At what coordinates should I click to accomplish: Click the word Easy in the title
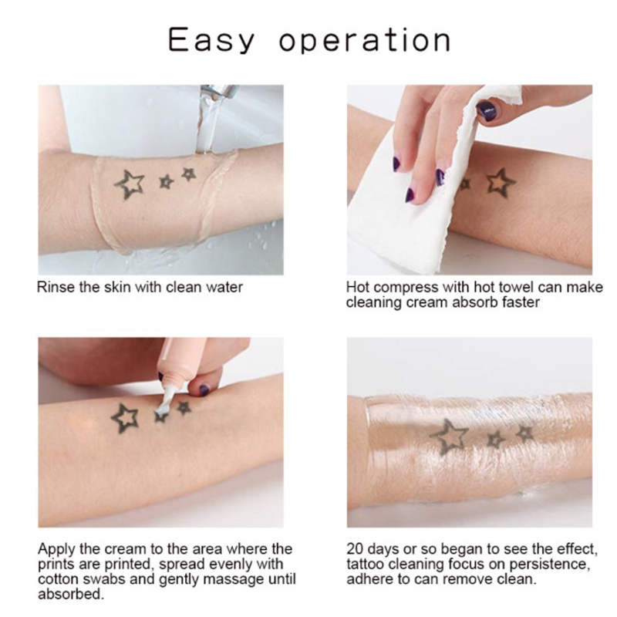211,40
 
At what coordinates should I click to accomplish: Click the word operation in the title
365,39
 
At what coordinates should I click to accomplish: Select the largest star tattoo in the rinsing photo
130,184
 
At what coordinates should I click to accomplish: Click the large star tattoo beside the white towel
501,183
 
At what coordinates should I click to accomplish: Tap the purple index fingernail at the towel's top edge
487,110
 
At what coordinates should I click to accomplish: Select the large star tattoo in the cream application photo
125,418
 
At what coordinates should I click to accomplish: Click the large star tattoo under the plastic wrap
449,437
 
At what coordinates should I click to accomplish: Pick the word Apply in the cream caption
57,549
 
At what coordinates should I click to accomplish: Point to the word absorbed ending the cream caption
71,594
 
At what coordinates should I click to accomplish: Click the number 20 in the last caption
355,548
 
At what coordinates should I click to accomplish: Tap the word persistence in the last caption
550,565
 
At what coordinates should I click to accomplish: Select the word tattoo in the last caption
366,564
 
